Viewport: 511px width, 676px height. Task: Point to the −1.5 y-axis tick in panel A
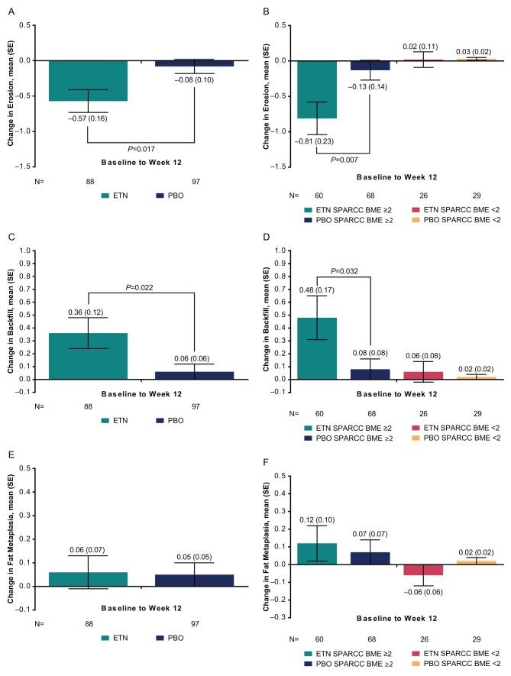[27, 167]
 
